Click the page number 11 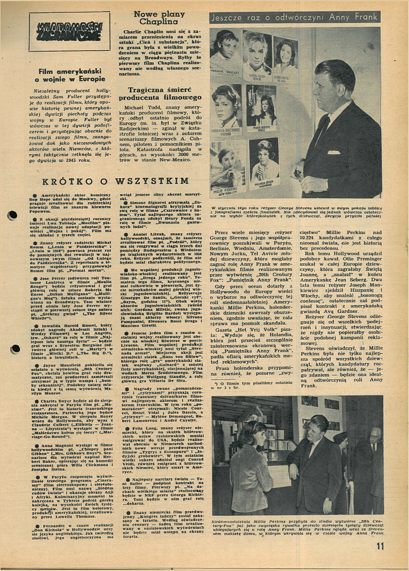pos(380,546)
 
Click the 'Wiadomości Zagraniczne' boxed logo pos(69,31)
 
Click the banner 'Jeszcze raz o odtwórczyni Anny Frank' pos(295,18)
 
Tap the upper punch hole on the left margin pos(12,216)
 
